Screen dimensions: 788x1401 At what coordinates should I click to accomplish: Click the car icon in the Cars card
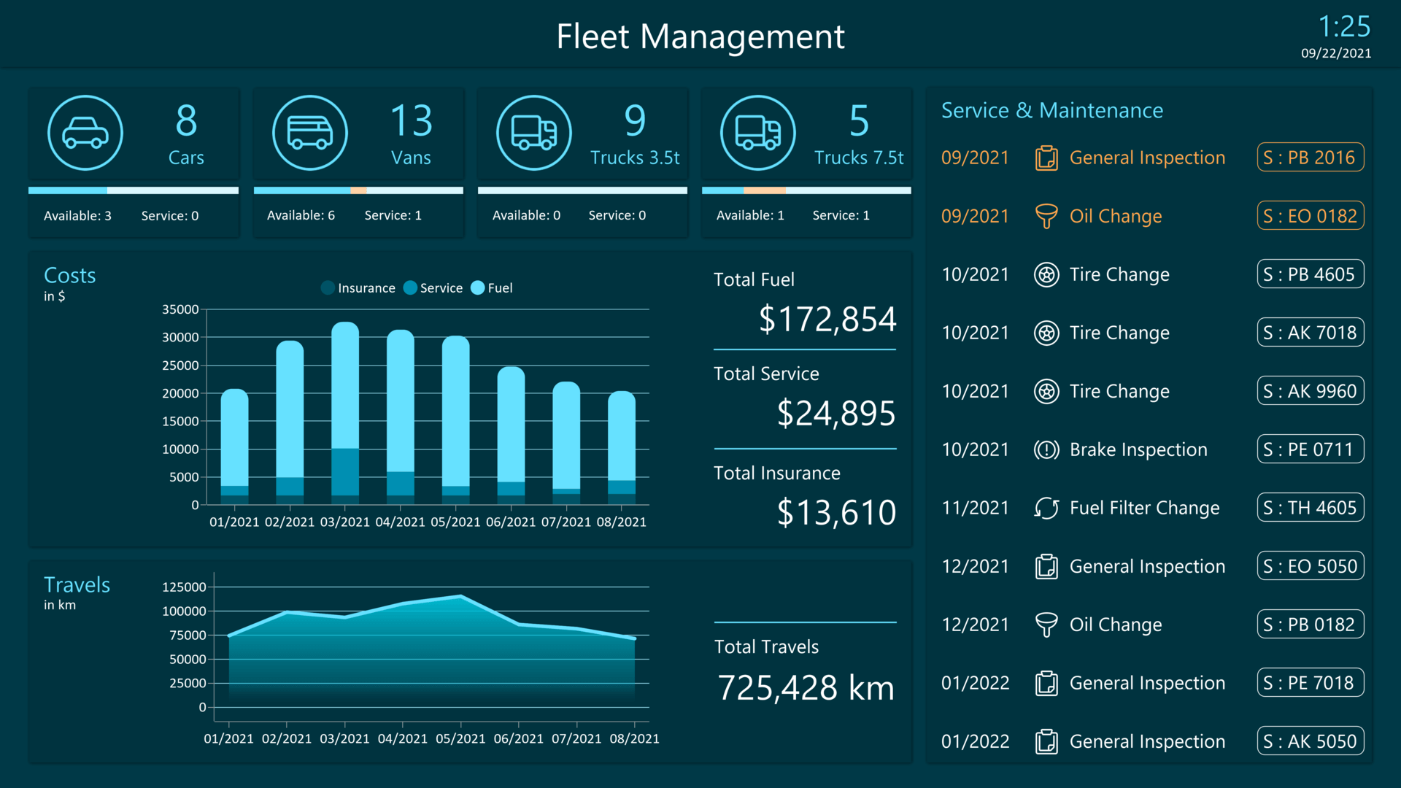(85, 133)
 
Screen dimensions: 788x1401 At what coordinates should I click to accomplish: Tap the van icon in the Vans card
(309, 133)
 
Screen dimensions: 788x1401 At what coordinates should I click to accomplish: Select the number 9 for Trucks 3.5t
(635, 121)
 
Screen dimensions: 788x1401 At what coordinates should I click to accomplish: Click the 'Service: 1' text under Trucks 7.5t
(841, 215)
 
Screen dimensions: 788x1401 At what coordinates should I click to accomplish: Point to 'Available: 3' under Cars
(77, 216)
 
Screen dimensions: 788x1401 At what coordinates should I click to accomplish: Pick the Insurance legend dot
(328, 288)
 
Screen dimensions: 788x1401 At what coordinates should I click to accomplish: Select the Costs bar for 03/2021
(345, 413)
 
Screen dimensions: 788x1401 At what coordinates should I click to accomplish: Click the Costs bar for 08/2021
(622, 447)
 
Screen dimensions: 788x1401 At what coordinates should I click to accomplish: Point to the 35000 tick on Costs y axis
(180, 309)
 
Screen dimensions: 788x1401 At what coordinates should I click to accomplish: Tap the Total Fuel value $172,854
(827, 320)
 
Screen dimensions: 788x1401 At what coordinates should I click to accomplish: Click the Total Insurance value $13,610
(835, 512)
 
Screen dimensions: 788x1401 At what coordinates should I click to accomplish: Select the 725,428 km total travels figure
(806, 688)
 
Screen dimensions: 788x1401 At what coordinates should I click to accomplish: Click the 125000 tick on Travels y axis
(184, 587)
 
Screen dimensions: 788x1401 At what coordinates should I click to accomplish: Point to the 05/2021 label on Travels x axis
(460, 738)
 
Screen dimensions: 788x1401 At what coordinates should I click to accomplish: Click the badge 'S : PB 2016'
(1310, 158)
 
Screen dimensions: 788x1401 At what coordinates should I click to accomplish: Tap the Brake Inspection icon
(1046, 449)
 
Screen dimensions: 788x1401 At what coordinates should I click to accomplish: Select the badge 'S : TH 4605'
(1310, 508)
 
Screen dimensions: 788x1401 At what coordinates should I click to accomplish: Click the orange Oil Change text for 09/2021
(1115, 216)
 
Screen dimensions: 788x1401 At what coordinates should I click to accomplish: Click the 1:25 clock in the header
(1343, 28)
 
